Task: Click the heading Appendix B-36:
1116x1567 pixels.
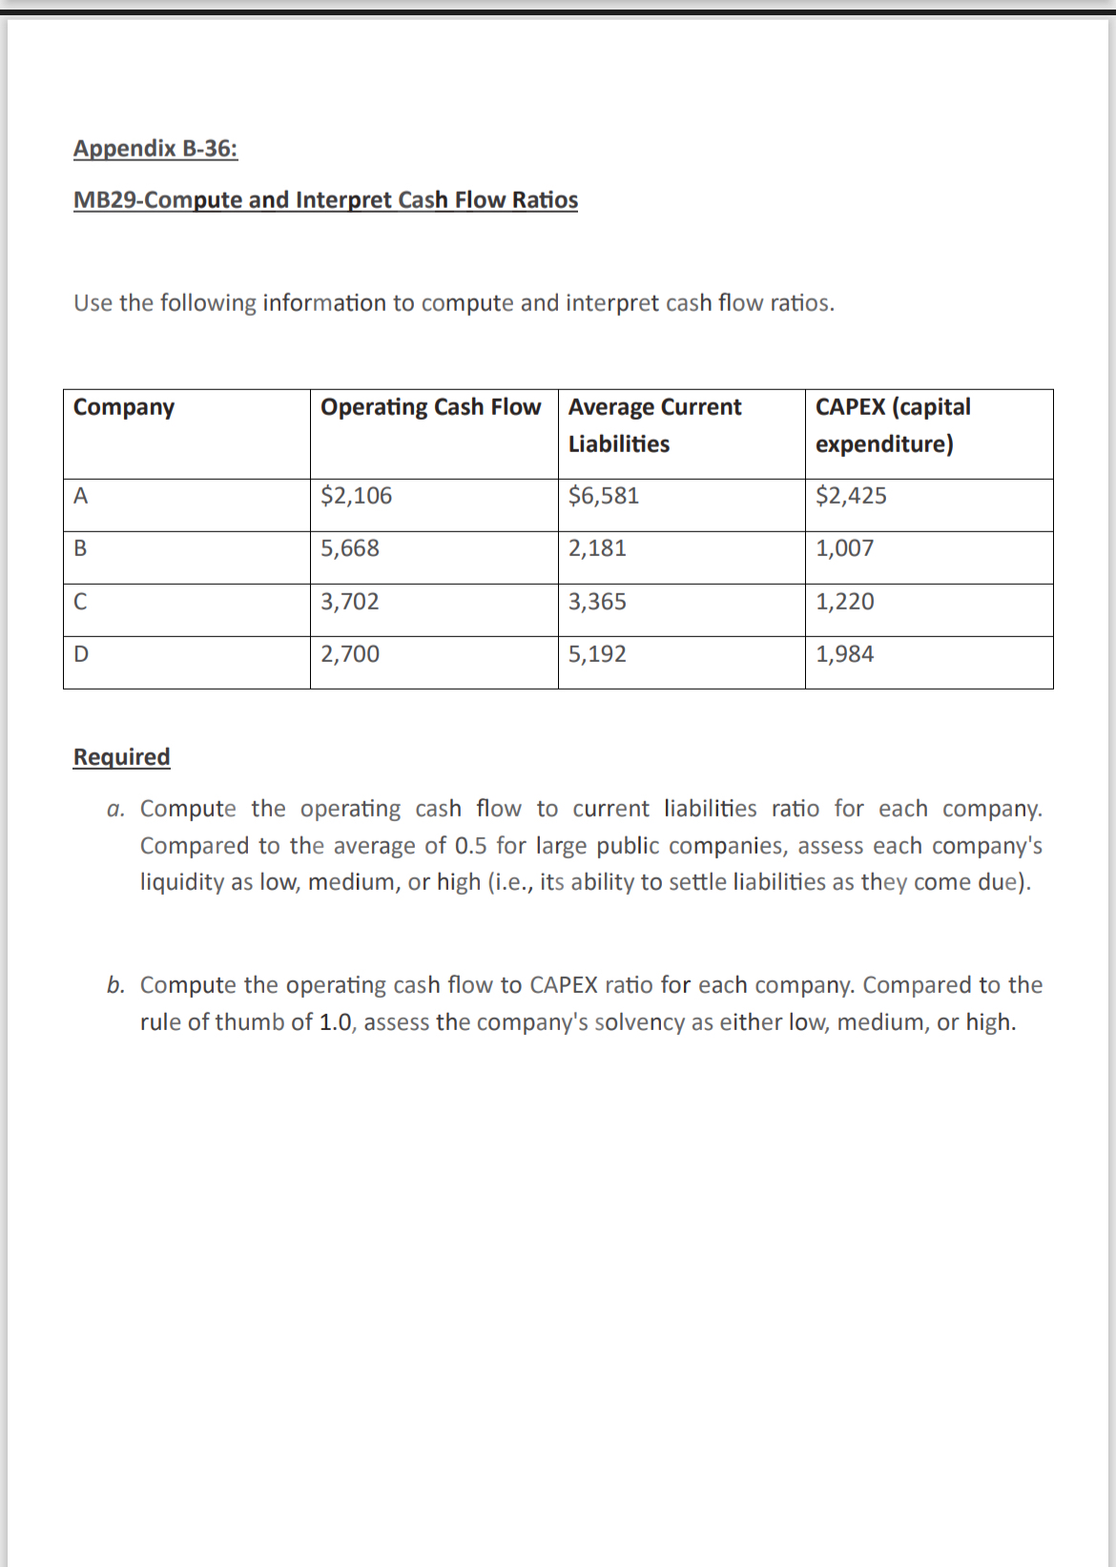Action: tap(155, 149)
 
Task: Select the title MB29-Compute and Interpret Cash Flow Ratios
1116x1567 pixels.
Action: tap(325, 200)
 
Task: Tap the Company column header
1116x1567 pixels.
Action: tap(124, 407)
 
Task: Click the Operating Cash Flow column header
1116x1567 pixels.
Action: tap(430, 407)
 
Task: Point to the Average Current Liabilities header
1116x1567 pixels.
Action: tap(654, 425)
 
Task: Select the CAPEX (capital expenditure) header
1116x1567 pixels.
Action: tap(893, 425)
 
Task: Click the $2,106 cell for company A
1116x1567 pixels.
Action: tap(356, 496)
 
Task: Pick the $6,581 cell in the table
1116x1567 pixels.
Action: tap(604, 496)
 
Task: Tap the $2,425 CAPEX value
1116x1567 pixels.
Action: tap(851, 496)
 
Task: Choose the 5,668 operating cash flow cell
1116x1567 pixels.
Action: tap(350, 548)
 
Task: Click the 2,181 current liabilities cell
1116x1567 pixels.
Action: tap(597, 548)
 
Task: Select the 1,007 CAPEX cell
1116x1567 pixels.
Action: tap(844, 548)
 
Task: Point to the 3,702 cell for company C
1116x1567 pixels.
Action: tap(350, 602)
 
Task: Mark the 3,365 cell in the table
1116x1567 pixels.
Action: tap(597, 602)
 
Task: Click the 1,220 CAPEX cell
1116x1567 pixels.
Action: tap(844, 602)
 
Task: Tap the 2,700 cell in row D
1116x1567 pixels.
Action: tap(350, 654)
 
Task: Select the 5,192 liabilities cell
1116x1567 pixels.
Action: tap(597, 654)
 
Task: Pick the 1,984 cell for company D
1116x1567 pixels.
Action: tap(844, 654)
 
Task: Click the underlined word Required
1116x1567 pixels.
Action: tap(121, 757)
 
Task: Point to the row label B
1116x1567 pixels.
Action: tap(80, 549)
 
